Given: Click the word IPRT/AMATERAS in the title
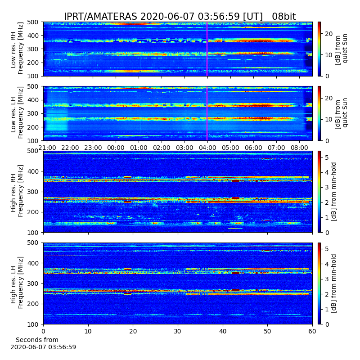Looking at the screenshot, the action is tap(100, 17).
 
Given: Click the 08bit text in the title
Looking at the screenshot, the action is tap(284, 17).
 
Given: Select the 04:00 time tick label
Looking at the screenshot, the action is tap(207, 148).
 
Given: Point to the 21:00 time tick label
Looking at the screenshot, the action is tap(47, 148).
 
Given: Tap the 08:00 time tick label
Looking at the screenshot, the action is tap(299, 148).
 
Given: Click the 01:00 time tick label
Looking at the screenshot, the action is tap(139, 148).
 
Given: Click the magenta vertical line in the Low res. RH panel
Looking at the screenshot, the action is tap(207, 49).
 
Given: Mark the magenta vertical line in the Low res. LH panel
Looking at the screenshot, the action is tap(207, 113).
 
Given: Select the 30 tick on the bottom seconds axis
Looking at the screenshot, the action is tap(178, 331).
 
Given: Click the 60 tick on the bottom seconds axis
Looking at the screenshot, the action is tap(312, 331).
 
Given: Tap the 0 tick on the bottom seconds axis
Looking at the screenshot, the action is tap(43, 331).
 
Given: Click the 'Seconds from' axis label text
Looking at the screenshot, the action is tap(37, 340).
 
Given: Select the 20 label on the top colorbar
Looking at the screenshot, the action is tap(329, 34).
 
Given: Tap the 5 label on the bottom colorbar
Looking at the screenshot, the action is tap(327, 249).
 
